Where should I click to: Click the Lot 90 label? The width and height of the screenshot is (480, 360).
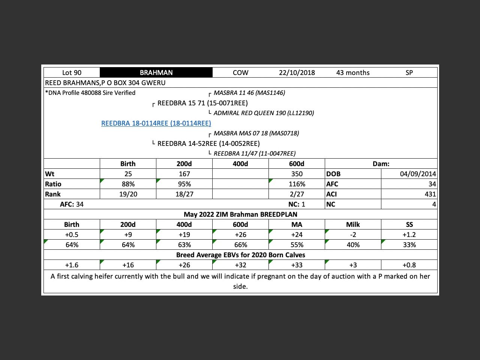tap(72, 73)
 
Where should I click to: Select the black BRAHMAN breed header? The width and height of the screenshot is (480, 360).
tap(156, 73)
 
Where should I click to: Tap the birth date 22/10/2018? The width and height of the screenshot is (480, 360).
tap(297, 73)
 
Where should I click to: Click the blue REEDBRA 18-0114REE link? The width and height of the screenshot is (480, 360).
tap(156, 123)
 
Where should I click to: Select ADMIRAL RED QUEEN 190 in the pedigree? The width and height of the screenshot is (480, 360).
tap(264, 113)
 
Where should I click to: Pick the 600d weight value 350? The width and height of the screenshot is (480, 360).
tap(297, 174)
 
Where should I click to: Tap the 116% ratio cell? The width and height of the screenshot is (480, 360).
tap(297, 184)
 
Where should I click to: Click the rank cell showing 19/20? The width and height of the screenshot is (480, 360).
tap(128, 194)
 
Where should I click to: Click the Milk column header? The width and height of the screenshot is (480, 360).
tap(353, 225)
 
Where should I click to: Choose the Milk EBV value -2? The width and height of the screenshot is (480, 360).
tap(353, 235)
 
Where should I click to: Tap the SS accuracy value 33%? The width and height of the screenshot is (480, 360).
tap(409, 245)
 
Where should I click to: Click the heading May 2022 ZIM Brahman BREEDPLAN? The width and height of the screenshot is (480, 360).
tap(240, 214)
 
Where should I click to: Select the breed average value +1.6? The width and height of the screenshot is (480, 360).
tap(72, 265)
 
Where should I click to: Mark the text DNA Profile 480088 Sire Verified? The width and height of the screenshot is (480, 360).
tap(90, 93)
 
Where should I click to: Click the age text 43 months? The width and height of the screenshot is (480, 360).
tap(353, 73)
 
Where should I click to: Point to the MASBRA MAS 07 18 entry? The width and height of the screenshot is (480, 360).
tap(256, 133)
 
